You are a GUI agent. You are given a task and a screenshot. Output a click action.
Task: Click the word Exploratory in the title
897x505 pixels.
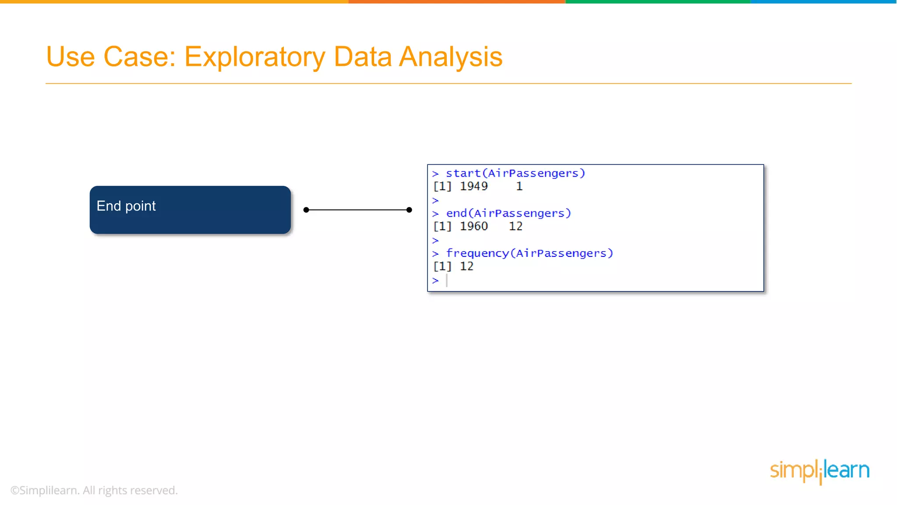tap(254, 57)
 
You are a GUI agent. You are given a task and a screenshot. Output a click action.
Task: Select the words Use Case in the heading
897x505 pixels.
tap(111, 57)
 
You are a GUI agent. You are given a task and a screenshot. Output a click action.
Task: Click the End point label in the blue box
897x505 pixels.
tap(126, 206)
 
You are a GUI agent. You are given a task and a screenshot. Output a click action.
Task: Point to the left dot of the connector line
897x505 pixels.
tap(306, 210)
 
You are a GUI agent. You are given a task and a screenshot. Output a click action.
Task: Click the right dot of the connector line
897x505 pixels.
tap(409, 210)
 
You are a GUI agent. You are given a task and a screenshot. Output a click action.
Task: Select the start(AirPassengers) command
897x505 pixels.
tap(515, 173)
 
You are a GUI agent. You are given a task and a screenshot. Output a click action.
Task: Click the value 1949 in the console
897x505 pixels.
tap(473, 186)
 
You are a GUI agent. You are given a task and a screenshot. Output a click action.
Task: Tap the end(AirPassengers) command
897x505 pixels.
tap(508, 213)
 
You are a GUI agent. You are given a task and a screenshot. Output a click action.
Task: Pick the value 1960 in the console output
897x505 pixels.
tap(473, 226)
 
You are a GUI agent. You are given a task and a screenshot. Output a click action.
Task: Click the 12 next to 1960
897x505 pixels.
tap(516, 226)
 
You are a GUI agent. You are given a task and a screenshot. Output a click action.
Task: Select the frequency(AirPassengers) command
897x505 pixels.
tap(529, 253)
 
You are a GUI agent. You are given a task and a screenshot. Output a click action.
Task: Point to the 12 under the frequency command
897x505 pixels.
tap(466, 266)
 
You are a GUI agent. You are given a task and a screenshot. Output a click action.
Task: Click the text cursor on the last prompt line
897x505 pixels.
tap(447, 280)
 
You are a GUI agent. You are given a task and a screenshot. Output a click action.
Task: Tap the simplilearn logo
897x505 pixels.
tap(819, 471)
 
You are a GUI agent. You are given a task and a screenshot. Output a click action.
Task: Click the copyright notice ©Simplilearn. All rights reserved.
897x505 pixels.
tap(94, 490)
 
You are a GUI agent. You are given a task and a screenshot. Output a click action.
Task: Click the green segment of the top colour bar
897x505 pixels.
tap(657, 2)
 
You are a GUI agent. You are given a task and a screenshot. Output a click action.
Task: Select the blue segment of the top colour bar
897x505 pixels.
tap(823, 2)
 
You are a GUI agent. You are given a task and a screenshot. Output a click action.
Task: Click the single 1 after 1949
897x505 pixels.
tap(519, 186)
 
